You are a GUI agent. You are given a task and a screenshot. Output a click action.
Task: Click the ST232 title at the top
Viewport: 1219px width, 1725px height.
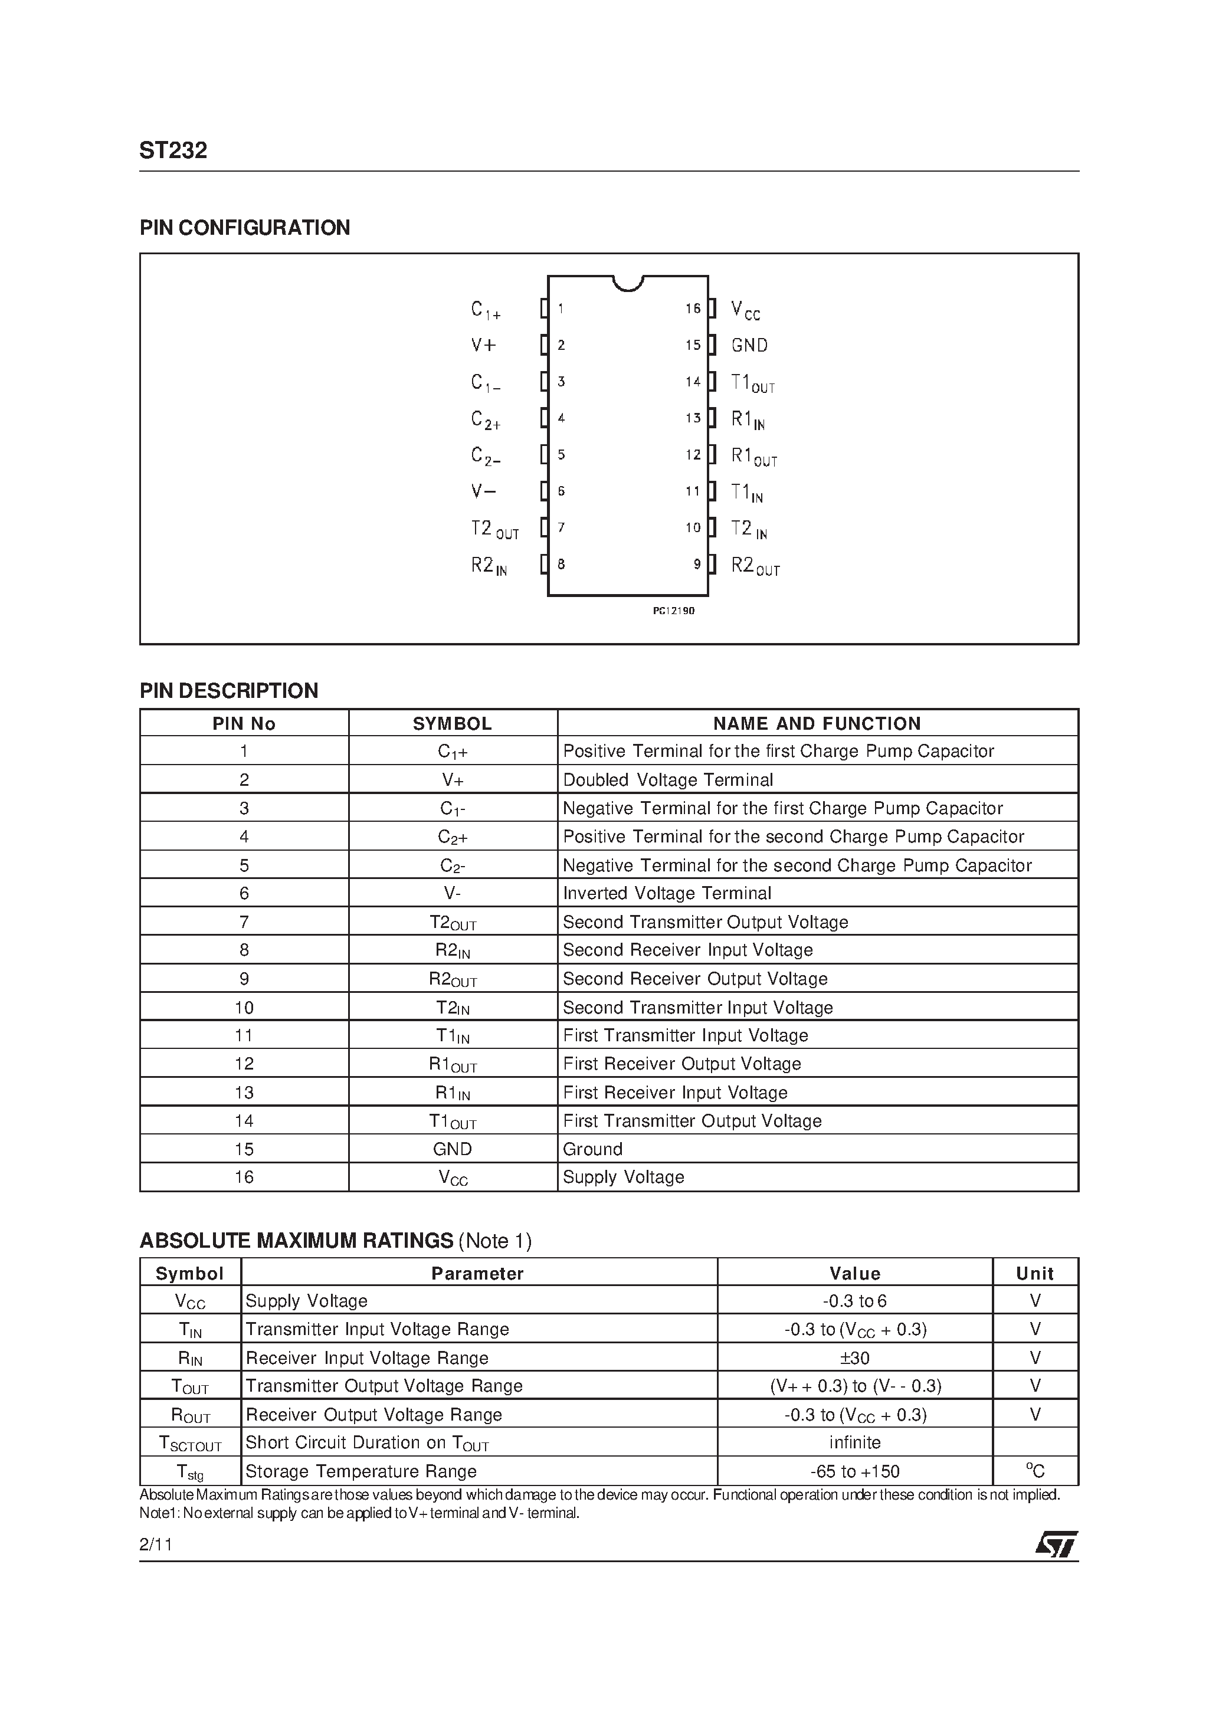(173, 151)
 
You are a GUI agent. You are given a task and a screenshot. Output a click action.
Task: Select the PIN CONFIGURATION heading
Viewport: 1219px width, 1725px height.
(244, 228)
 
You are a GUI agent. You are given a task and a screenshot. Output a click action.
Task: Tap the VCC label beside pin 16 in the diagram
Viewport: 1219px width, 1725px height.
(746, 310)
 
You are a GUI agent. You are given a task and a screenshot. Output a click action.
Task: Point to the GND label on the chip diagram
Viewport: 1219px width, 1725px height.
(749, 346)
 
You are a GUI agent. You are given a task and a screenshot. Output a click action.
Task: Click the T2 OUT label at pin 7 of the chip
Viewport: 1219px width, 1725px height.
(494, 530)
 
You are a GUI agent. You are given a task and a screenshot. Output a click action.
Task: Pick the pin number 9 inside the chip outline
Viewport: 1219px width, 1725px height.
(697, 564)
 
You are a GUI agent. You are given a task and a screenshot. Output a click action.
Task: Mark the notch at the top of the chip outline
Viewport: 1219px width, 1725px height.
(628, 283)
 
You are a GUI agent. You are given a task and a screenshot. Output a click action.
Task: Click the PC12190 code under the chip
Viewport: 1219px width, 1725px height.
(673, 611)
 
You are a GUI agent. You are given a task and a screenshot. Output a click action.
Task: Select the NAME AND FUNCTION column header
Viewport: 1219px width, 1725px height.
(817, 723)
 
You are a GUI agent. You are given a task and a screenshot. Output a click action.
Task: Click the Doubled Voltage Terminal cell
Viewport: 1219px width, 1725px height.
(667, 780)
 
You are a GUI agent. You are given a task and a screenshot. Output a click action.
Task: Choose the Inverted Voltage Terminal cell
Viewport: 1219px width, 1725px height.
(667, 893)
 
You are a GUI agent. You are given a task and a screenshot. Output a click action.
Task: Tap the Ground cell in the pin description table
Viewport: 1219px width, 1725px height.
(592, 1149)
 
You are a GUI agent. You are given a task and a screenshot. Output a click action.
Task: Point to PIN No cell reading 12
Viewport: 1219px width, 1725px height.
(244, 1064)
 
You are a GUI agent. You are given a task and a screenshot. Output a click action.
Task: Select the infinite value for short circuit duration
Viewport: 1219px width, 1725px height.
(854, 1442)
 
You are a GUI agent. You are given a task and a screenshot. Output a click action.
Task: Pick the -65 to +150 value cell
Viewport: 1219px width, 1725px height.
(854, 1472)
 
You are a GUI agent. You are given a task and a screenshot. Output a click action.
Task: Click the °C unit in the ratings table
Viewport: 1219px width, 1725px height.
(1035, 1471)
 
